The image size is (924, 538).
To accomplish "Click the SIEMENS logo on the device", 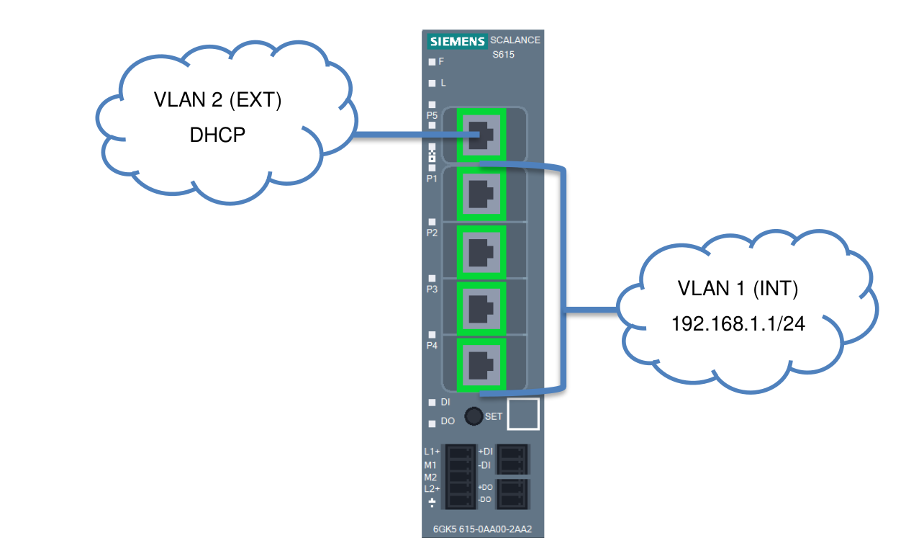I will coord(457,41).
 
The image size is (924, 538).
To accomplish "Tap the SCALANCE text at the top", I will coord(515,40).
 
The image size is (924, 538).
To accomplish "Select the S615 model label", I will coord(503,55).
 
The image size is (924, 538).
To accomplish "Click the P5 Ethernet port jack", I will coord(481,135).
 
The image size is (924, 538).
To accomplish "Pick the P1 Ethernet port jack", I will coord(481,194).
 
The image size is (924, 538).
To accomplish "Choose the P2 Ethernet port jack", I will coord(481,252).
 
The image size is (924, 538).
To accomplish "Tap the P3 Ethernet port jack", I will coord(481,308).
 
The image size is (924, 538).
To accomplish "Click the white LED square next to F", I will coord(432,62).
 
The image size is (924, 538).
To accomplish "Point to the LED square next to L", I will coord(432,84).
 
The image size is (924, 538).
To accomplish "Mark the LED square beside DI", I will coord(432,403).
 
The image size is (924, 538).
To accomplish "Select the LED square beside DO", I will coord(432,423).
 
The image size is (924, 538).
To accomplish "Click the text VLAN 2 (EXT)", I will coord(217,100).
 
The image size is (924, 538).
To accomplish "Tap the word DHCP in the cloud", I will coord(217,135).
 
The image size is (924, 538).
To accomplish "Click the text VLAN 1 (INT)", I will coord(738,289).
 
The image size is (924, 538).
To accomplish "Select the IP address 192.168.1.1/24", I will coord(738,324).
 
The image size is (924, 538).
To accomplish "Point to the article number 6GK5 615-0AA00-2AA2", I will coord(482,530).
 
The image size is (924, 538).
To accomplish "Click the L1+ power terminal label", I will coord(432,452).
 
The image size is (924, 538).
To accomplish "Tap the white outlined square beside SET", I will coord(522,414).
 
